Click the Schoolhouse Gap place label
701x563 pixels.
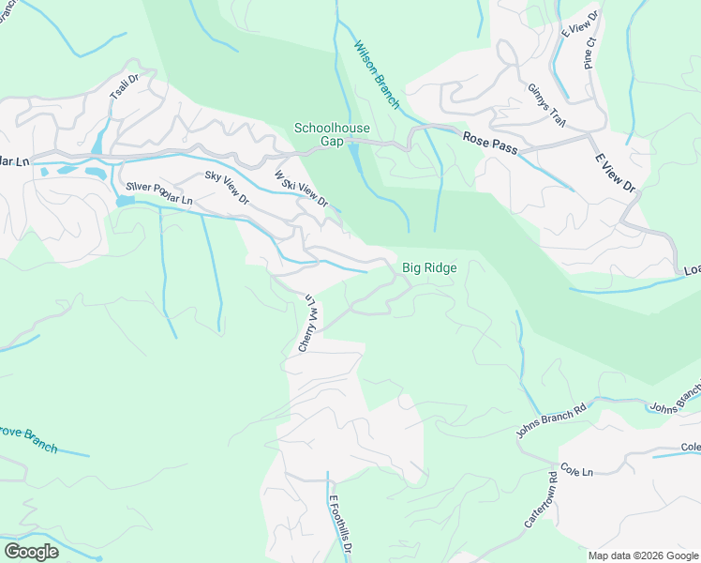332,134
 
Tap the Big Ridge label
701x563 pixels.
429,268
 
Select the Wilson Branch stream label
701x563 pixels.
377,75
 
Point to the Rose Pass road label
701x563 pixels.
489,137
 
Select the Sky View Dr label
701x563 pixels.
227,188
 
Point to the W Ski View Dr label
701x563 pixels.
301,189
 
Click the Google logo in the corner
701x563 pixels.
32,551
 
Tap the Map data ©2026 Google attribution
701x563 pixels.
643,555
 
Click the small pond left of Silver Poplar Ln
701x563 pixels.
125,201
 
